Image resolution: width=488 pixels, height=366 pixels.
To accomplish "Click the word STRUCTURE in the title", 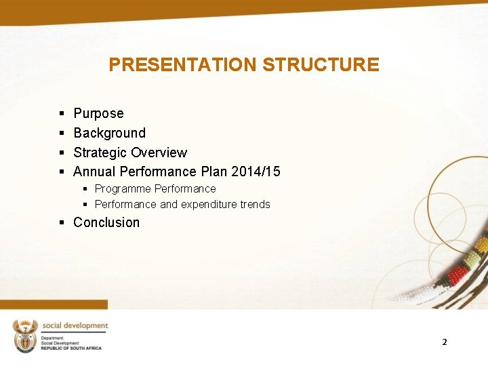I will (320, 65).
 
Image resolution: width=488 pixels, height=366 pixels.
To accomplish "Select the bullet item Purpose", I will (98, 114).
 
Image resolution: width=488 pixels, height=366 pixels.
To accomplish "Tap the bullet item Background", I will (109, 134).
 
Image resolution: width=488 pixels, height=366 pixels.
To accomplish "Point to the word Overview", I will (159, 153).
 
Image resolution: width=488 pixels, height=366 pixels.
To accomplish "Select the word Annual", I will (94, 172).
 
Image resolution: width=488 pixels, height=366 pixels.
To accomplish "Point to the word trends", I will (255, 205).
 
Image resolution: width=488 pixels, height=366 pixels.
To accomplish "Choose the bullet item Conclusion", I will (106, 223).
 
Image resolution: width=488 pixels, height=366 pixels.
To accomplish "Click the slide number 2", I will (445, 342).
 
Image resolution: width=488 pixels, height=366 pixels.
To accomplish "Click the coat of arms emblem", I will (26, 335).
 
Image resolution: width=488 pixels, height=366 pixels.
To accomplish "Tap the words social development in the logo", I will (75, 326).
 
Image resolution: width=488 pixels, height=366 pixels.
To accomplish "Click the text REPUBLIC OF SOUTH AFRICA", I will (71, 348).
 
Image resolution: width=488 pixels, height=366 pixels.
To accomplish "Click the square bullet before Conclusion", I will (62, 223).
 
